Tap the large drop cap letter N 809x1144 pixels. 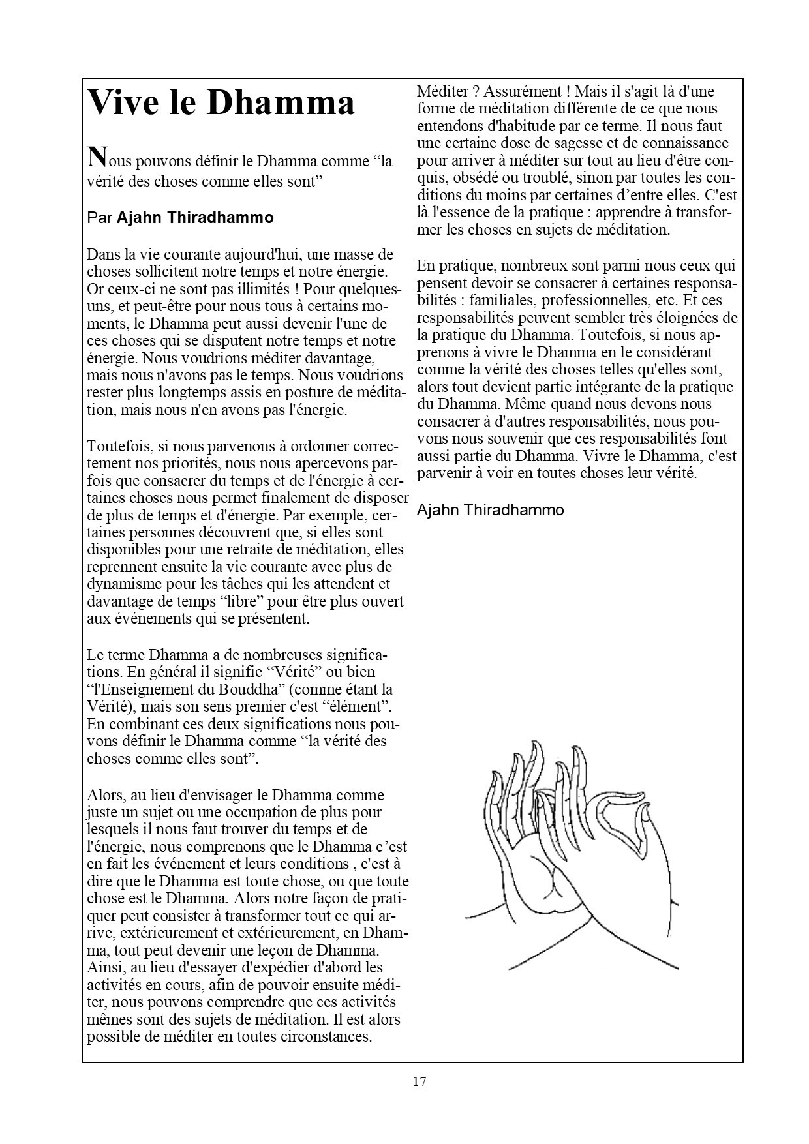[x=97, y=157]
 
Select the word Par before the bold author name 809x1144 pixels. [x=100, y=218]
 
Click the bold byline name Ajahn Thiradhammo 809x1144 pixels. [x=195, y=218]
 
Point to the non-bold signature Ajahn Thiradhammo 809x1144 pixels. [x=491, y=510]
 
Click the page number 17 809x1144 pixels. [x=420, y=1081]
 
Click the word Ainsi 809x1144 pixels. [x=104, y=967]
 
